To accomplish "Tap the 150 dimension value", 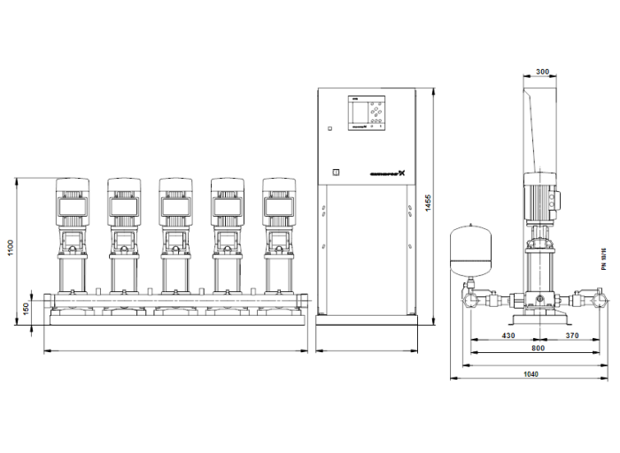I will [x=27, y=307].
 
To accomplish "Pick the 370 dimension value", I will [x=571, y=334].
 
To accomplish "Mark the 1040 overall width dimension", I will [x=531, y=374].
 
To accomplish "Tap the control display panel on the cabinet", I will [x=367, y=114].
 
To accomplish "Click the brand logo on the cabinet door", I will [x=384, y=173].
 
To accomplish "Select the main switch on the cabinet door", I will [x=335, y=173].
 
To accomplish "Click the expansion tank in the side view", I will [x=467, y=250].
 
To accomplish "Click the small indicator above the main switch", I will [x=329, y=130].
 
